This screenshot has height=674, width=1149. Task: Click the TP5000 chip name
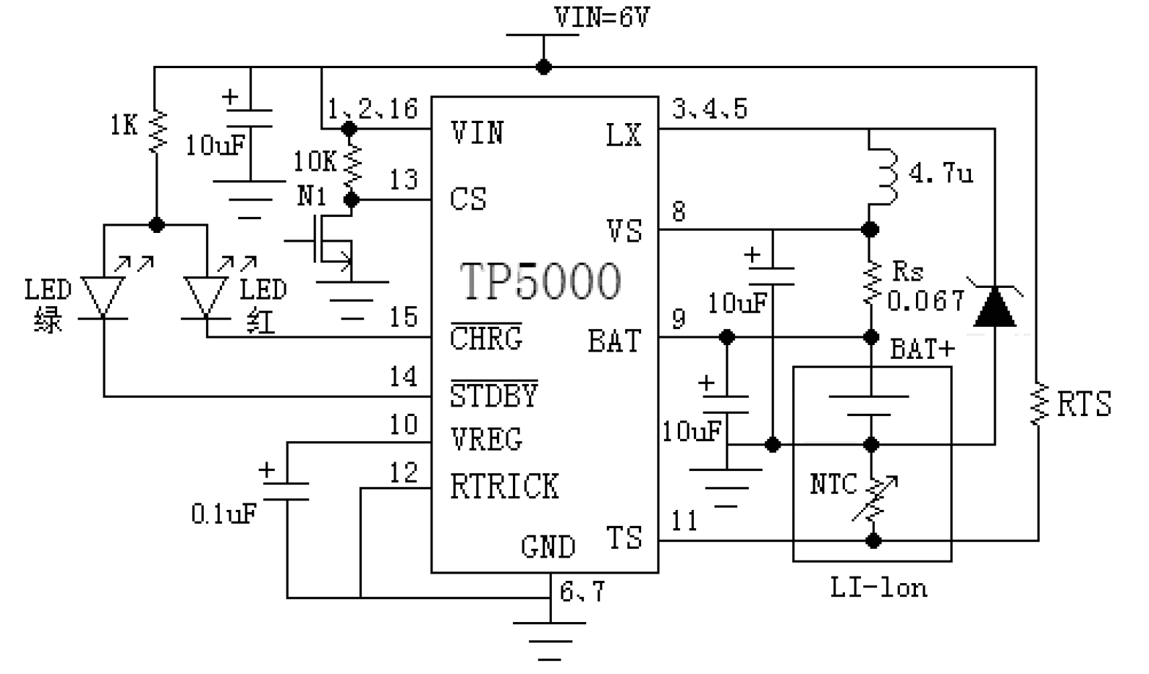[540, 281]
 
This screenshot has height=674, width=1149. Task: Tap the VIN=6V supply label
[602, 17]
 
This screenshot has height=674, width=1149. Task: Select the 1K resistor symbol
[157, 131]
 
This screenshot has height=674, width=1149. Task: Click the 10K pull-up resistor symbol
[352, 163]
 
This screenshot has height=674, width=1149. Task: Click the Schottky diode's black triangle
[994, 307]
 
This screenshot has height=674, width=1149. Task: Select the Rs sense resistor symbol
[871, 283]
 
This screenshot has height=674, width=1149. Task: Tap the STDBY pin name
[494, 394]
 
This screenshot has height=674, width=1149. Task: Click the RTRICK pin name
[505, 486]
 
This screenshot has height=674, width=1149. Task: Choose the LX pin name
[624, 135]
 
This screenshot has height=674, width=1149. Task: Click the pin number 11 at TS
[684, 521]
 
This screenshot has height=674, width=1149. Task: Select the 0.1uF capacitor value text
[223, 514]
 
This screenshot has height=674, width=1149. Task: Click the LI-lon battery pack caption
[879, 588]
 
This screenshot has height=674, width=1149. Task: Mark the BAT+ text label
[923, 349]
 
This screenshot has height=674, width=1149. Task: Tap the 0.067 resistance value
[926, 301]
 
